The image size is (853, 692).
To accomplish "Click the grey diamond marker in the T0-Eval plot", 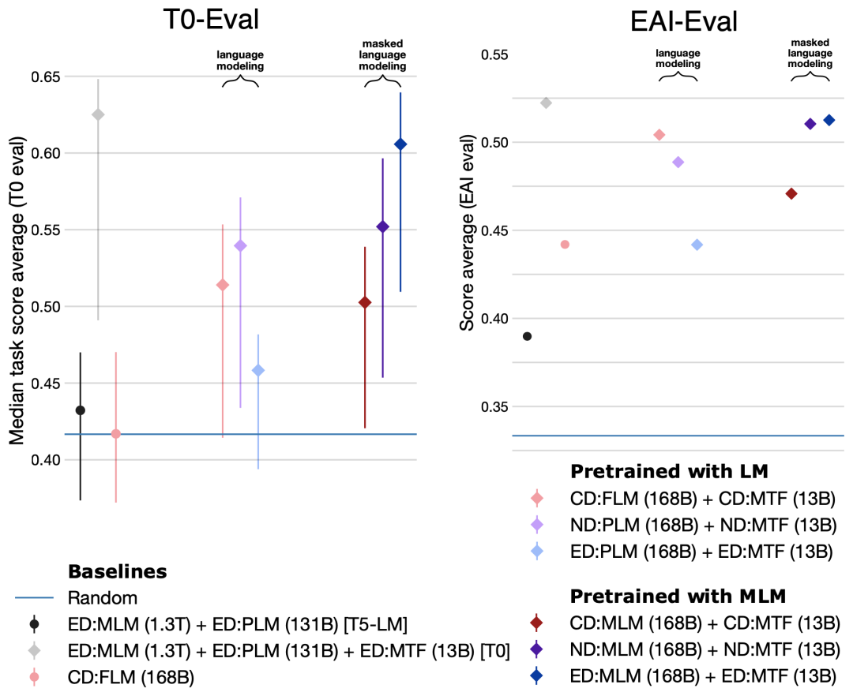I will [98, 114].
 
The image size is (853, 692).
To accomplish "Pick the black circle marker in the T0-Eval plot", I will [80, 410].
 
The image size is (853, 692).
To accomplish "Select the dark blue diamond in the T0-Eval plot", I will [400, 144].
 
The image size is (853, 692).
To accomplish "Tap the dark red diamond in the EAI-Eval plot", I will [791, 194].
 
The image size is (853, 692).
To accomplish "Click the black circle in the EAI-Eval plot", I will [527, 336].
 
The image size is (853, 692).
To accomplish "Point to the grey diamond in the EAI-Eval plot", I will [545, 103].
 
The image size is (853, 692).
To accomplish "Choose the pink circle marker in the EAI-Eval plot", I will [564, 245].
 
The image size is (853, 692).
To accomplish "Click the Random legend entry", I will [103, 597].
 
